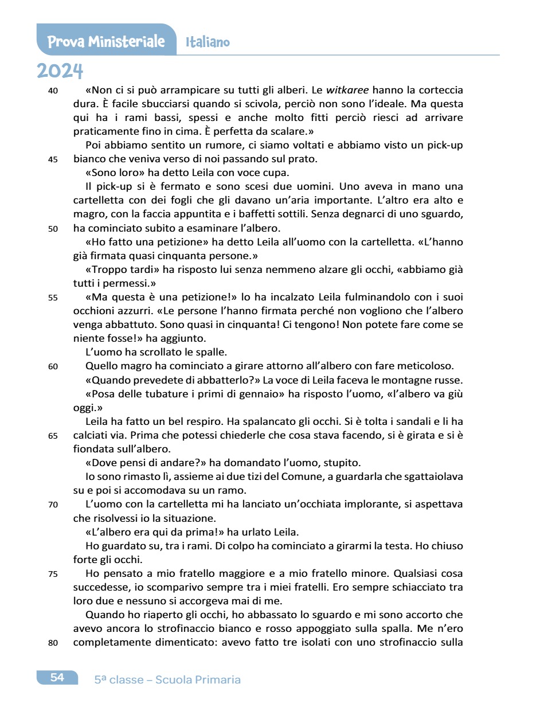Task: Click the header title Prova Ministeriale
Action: click(x=106, y=42)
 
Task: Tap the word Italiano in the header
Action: click(x=208, y=42)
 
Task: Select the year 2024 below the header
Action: click(x=60, y=71)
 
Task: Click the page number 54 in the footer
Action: click(x=57, y=677)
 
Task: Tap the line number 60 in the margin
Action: click(x=53, y=366)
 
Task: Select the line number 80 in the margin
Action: click(x=53, y=643)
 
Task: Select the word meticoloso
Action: click(x=425, y=366)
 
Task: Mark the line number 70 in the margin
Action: click(x=53, y=505)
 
